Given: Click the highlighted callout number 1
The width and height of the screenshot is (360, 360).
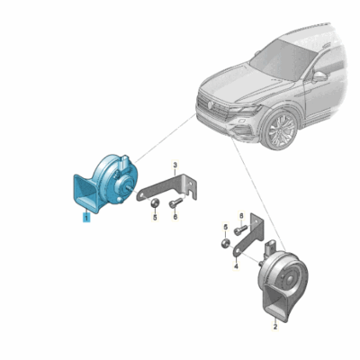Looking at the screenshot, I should (85, 217).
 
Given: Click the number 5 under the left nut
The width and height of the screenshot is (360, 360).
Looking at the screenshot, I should (154, 217).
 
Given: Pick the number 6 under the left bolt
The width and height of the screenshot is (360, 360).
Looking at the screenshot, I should (175, 217).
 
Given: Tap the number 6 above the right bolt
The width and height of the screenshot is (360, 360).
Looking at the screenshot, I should (240, 214).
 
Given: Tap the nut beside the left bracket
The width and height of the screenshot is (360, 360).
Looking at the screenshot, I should (154, 202).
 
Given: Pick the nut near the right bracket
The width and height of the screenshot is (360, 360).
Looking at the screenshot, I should (223, 243).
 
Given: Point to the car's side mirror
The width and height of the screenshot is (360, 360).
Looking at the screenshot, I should (319, 76).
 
